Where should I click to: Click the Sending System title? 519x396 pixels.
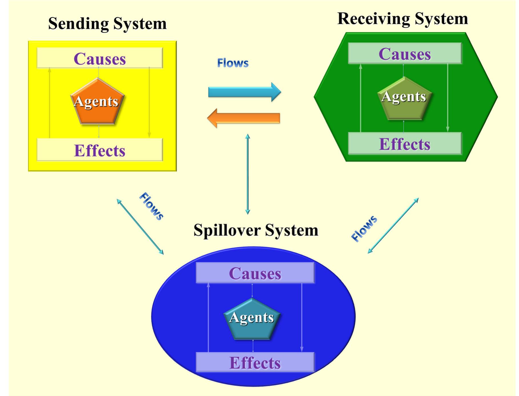pyautogui.click(x=107, y=23)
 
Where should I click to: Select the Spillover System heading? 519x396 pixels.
pyautogui.click(x=256, y=230)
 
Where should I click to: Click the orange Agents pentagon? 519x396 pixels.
pyautogui.click(x=97, y=102)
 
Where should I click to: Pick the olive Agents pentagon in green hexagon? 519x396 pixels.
pyautogui.click(x=404, y=99)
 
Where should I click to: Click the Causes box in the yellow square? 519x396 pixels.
pyautogui.click(x=100, y=58)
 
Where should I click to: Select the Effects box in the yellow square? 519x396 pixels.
pyautogui.click(x=100, y=150)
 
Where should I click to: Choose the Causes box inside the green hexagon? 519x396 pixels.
pyautogui.click(x=404, y=53)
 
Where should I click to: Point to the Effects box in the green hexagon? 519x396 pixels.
pyautogui.click(x=404, y=144)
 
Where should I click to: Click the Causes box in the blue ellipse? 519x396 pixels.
pyautogui.click(x=255, y=273)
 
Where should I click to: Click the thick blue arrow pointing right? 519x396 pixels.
pyautogui.click(x=244, y=92)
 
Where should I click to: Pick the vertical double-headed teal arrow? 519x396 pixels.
pyautogui.click(x=248, y=174)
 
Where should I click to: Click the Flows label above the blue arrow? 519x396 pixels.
pyautogui.click(x=233, y=63)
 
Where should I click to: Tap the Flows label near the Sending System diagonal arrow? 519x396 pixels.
pyautogui.click(x=151, y=206)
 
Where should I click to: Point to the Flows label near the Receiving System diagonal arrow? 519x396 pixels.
pyautogui.click(x=364, y=229)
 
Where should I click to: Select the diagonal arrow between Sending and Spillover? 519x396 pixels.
pyautogui.click(x=140, y=227)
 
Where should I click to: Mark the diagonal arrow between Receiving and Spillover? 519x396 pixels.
pyautogui.click(x=393, y=226)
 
